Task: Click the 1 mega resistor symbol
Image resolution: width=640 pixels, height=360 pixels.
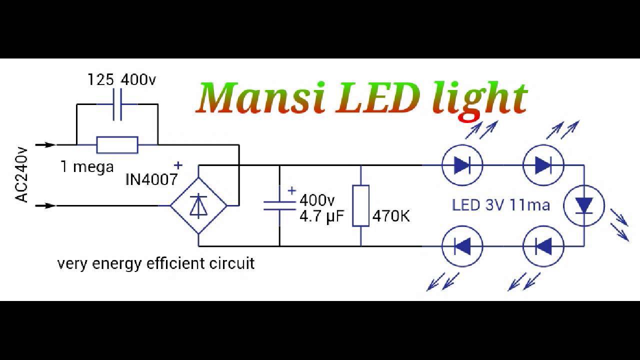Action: coord(117,145)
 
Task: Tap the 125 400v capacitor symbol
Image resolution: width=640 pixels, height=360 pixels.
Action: coord(117,104)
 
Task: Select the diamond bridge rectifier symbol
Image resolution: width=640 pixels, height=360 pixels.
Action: coord(198,205)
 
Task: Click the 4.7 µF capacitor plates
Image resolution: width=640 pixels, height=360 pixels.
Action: coord(279,205)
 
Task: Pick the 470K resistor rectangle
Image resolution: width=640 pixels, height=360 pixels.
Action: coord(360,205)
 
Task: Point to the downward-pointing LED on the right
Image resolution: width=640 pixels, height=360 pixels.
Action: coord(584,205)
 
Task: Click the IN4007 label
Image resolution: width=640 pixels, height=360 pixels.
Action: coord(151,179)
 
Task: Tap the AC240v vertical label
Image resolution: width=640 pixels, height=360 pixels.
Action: coord(21,175)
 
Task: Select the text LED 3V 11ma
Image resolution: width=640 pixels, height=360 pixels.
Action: coord(501,205)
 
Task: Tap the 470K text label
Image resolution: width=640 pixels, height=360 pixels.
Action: coord(391,216)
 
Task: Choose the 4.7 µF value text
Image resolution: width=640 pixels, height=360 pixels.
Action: coord(321,216)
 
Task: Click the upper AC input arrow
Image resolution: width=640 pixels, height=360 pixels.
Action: coord(45,145)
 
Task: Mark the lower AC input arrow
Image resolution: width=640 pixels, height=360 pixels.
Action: coord(45,205)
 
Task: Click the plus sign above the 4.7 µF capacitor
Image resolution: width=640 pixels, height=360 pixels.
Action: coord(291,190)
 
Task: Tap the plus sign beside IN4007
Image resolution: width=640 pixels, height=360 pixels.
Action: coord(178,165)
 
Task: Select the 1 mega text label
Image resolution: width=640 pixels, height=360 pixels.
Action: coord(87,167)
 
